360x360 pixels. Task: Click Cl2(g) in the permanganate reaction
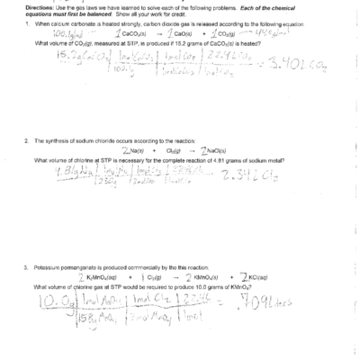tap(156, 277)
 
